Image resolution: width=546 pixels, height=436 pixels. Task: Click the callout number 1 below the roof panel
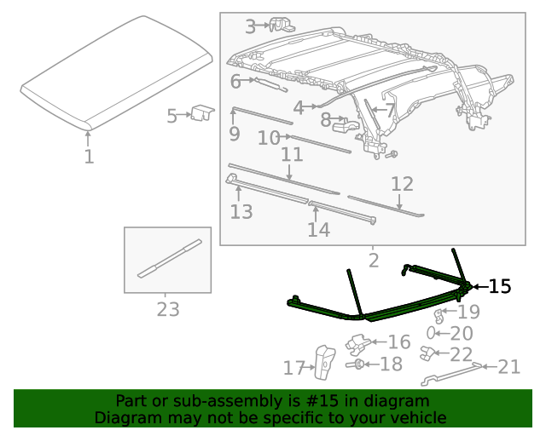tap(89, 157)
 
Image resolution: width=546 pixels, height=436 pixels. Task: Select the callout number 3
tap(250, 26)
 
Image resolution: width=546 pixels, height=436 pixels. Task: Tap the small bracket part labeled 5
tap(202, 113)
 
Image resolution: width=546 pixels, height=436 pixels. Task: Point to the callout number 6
tap(235, 82)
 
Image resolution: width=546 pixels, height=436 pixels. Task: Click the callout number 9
tap(234, 134)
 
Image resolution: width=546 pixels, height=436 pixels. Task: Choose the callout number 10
tap(269, 137)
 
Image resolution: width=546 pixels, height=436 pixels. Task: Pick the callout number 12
tap(402, 184)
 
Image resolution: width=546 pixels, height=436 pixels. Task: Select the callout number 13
tap(241, 211)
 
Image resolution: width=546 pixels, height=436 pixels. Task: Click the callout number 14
tap(318, 230)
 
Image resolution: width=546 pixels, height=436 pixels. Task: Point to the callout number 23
tap(168, 309)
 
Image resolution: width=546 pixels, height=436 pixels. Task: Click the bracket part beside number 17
tap(325, 361)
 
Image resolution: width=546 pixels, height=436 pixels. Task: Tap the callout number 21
tap(508, 367)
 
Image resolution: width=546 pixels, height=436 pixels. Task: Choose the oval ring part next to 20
tap(433, 333)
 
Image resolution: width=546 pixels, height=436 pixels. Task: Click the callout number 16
tap(398, 342)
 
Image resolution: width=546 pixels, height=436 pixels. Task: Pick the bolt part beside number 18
tap(358, 365)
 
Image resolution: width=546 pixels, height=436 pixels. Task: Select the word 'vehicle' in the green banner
tap(419, 418)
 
